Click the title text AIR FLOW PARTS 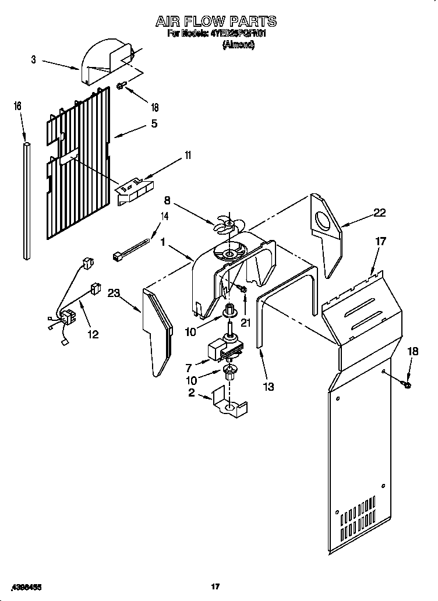coord(216,22)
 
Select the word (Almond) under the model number coord(238,45)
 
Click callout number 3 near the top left coord(34,59)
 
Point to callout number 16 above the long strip coord(17,106)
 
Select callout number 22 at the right coord(380,213)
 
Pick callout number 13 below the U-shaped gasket coord(269,386)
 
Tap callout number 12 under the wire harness coord(92,334)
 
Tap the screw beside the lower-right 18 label coord(407,384)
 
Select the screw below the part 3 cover coord(122,87)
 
